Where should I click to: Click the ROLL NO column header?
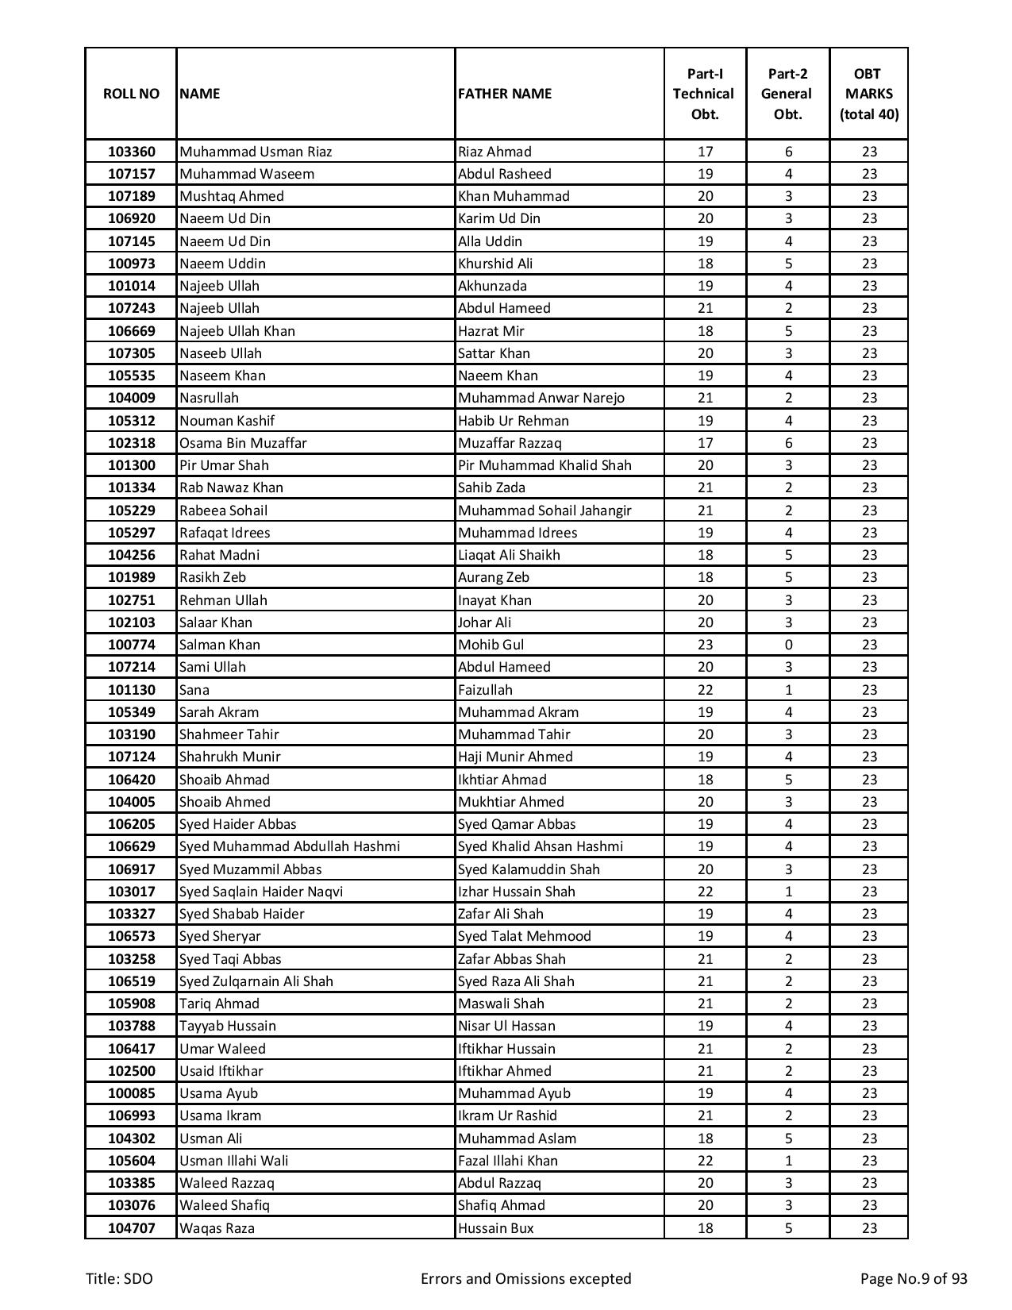131,94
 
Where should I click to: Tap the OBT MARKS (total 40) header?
869,94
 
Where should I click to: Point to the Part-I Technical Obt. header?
705,94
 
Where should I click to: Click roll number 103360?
132,152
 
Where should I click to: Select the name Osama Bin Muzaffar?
243,443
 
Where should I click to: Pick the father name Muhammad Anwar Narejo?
541,398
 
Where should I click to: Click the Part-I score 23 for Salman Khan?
705,645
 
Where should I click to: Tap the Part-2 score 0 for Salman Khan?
788,645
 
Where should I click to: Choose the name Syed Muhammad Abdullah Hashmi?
290,846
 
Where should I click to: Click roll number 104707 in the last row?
132,1228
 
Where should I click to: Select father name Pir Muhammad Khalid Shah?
544,465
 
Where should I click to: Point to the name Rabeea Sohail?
223,511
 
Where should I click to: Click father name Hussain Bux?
496,1228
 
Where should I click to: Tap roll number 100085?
132,1093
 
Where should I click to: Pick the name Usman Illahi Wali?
234,1161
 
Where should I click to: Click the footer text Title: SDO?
119,1278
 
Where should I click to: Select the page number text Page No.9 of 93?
914,1278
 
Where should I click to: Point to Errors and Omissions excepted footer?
525,1278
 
